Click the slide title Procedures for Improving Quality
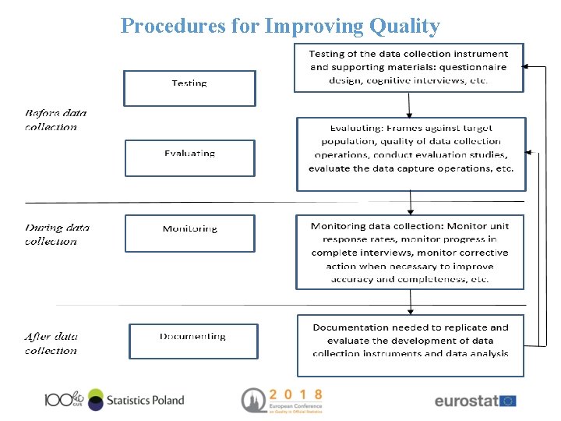[x=280, y=26]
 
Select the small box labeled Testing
[x=189, y=88]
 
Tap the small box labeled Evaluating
[x=189, y=157]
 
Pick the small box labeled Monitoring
[x=189, y=233]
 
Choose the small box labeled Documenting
[x=193, y=341]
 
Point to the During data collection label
[x=56, y=234]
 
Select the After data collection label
[x=51, y=344]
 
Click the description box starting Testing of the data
[x=408, y=67]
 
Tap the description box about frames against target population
[x=411, y=154]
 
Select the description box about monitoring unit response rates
[x=410, y=252]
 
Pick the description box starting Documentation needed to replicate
[x=410, y=344]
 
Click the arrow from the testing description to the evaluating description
[x=410, y=104]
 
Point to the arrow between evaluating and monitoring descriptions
[x=411, y=203]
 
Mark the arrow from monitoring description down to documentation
[x=411, y=302]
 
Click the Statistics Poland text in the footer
[x=145, y=400]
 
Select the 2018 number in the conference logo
[x=295, y=394]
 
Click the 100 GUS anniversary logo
[x=63, y=399]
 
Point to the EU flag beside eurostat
[x=507, y=401]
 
